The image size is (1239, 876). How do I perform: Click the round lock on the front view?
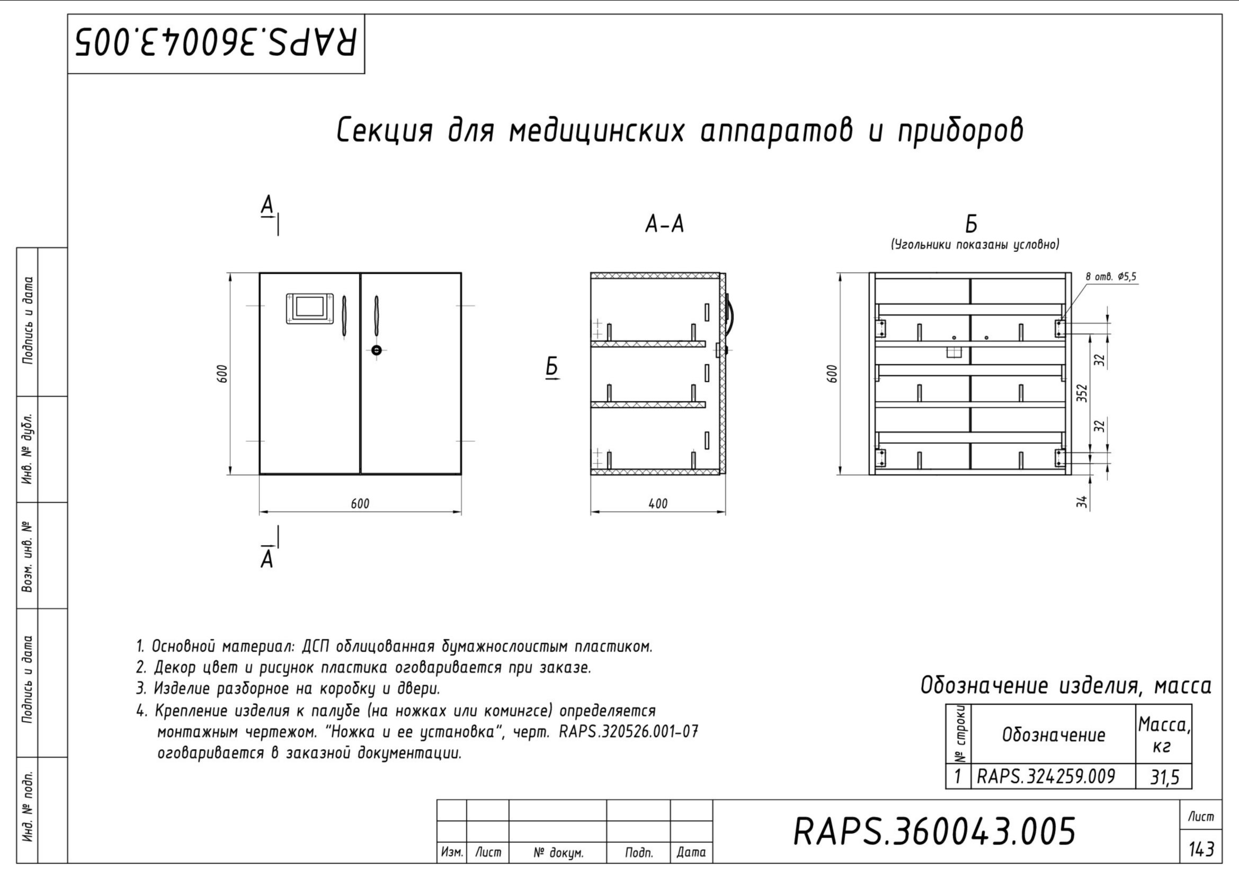(377, 350)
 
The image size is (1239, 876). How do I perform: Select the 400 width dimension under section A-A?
(658, 503)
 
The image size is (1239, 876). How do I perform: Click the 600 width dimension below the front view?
(360, 503)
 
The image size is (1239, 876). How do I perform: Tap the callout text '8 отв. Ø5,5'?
(1111, 277)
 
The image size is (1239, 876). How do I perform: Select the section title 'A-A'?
(664, 225)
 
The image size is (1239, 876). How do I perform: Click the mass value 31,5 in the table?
(1164, 777)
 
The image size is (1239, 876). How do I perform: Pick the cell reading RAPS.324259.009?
(1046, 777)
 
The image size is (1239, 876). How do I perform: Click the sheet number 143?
(1201, 849)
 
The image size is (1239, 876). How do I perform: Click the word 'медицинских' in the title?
(598, 131)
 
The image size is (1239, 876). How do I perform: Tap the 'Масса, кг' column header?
(1163, 734)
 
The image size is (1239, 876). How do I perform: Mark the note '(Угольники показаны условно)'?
(975, 245)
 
